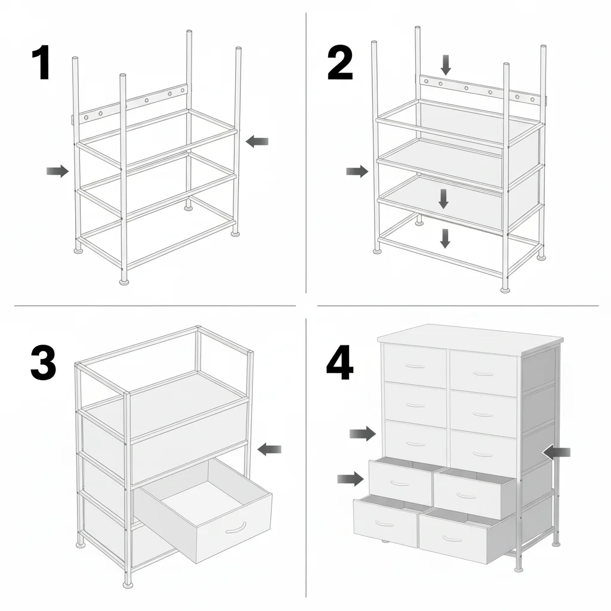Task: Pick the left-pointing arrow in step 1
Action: pyautogui.click(x=257, y=141)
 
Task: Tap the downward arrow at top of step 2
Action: pyautogui.click(x=445, y=64)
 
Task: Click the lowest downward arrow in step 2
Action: pyautogui.click(x=445, y=238)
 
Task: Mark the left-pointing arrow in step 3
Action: pyautogui.click(x=269, y=449)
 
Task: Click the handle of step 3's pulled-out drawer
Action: pyautogui.click(x=236, y=527)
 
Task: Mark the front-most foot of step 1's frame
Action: pyautogui.click(x=124, y=280)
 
